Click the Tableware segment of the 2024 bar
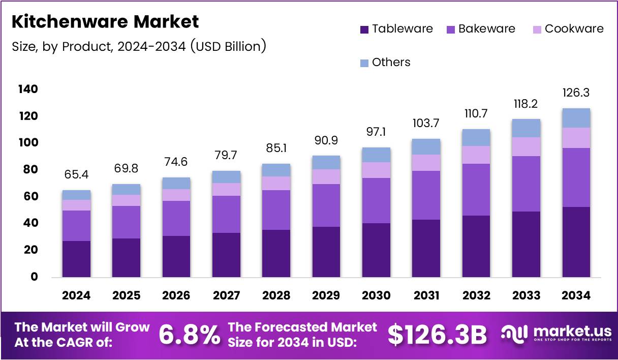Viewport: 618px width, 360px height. (x=76, y=259)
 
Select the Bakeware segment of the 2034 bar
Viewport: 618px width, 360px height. (x=576, y=177)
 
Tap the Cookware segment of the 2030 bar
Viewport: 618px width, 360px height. (x=376, y=170)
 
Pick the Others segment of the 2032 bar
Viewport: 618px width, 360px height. (x=476, y=137)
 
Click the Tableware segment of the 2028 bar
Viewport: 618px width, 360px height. (x=276, y=253)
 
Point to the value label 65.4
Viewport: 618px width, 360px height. (x=76, y=175)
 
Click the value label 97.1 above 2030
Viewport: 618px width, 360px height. (x=376, y=132)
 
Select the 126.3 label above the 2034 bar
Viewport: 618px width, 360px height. (x=576, y=93)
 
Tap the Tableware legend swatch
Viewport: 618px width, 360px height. (x=364, y=29)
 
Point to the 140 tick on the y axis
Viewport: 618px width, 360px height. (x=28, y=89)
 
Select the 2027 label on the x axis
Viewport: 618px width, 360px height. (x=226, y=295)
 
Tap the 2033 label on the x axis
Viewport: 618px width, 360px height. (x=526, y=295)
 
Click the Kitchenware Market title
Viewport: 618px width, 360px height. (x=105, y=22)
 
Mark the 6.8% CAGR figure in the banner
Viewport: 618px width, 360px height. (x=190, y=335)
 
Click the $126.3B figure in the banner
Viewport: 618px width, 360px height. (x=437, y=335)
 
